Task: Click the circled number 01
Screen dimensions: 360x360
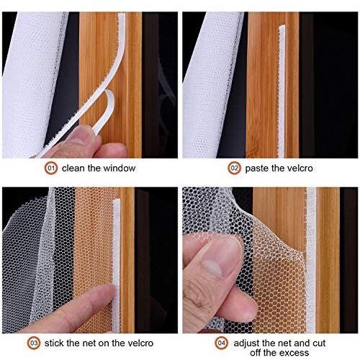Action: tap(51, 168)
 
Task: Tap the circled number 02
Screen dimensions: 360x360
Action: tap(234, 168)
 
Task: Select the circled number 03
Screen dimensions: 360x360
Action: tap(34, 343)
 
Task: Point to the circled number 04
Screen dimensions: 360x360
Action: tap(221, 343)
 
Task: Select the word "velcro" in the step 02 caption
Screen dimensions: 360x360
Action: tap(300, 168)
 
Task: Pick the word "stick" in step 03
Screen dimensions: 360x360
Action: tap(55, 343)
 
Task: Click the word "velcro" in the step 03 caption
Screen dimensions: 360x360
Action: tap(140, 343)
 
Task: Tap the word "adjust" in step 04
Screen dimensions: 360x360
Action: tap(247, 343)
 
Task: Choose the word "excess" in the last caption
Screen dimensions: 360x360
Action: tap(295, 353)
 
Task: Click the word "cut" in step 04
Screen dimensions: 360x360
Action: tap(319, 343)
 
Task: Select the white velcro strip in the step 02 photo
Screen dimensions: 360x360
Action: tap(282, 91)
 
